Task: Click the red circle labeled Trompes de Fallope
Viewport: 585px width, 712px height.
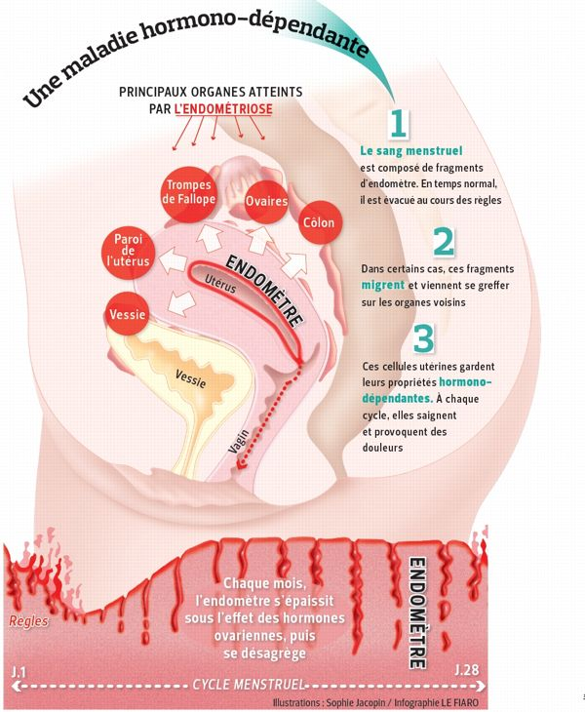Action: point(189,192)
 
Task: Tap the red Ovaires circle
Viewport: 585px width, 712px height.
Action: point(265,200)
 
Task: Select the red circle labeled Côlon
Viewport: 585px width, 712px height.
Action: point(319,222)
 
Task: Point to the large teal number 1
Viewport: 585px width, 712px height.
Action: point(397,124)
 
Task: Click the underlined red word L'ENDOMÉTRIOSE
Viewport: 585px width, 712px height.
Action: point(223,109)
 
